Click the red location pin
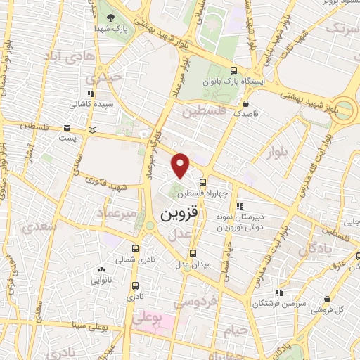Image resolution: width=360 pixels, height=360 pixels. (x=181, y=165)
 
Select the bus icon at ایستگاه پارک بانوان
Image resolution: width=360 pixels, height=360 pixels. (x=234, y=70)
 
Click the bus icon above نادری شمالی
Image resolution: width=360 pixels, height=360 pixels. (x=136, y=248)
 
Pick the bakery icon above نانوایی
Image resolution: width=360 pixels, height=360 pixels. (x=102, y=269)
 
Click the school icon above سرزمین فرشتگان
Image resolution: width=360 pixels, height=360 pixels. (x=280, y=292)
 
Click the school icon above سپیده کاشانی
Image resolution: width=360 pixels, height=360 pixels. (x=89, y=94)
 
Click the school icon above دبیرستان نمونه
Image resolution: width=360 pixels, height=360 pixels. (x=240, y=206)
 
